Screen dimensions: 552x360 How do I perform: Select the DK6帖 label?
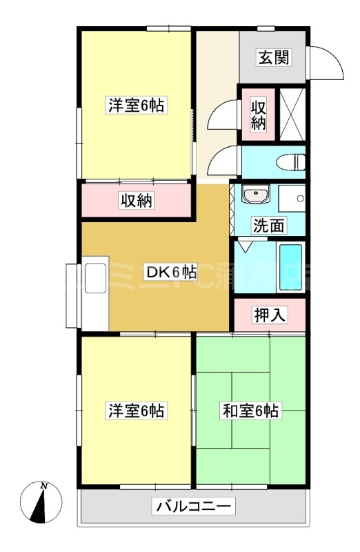point(169,272)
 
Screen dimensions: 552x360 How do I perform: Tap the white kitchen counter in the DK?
point(94,293)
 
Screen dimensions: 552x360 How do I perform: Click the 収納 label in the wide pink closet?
point(137,201)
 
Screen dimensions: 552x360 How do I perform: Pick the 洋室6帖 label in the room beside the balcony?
point(136,411)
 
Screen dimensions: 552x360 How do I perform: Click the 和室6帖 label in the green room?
point(250,411)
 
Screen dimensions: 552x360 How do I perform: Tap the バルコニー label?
point(194,506)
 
